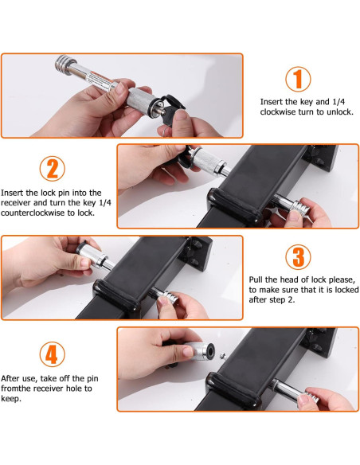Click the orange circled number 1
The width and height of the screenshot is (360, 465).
click(x=298, y=79)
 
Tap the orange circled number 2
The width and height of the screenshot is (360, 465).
click(x=53, y=169)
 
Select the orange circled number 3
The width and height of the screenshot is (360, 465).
click(x=298, y=257)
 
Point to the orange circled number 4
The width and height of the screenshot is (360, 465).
click(x=53, y=354)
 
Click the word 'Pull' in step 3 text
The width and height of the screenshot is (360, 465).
click(x=256, y=279)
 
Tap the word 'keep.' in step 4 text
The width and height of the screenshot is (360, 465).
click(x=11, y=399)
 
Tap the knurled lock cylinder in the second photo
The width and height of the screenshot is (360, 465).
click(x=208, y=161)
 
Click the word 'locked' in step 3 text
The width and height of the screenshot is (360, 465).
click(x=346, y=290)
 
